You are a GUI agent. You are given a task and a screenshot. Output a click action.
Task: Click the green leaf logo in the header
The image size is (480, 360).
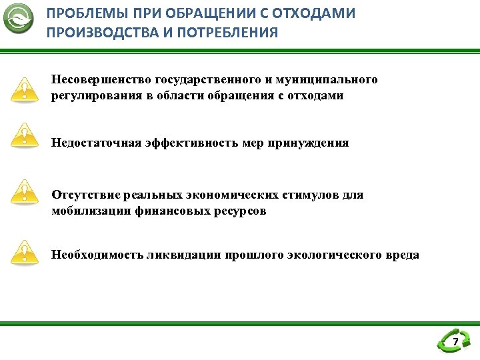tap(19, 19)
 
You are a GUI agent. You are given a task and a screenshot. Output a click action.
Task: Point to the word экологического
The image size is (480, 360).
tap(334, 255)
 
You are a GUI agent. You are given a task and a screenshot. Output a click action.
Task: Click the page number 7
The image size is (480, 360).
tap(455, 343)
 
